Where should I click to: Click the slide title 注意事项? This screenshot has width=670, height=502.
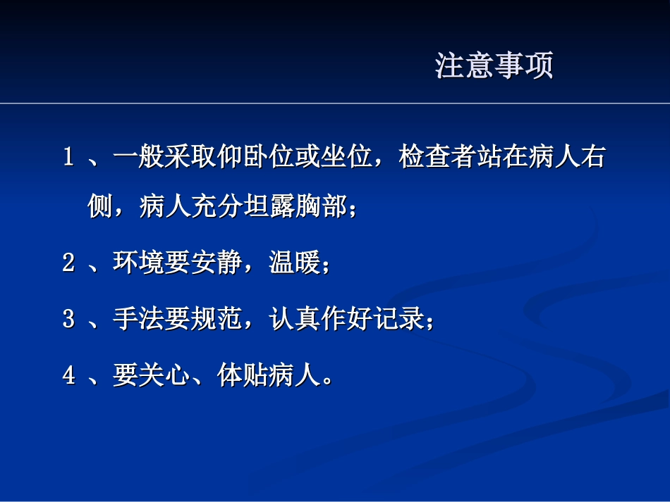point(494,65)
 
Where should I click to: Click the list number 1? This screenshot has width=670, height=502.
point(68,157)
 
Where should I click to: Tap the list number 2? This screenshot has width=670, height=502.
point(68,263)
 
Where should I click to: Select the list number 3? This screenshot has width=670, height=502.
point(68,319)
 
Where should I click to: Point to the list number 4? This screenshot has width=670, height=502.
point(68,375)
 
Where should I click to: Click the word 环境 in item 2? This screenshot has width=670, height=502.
point(138,263)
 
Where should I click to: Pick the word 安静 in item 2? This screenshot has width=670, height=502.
point(217,263)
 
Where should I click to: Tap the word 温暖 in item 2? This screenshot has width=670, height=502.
point(295,263)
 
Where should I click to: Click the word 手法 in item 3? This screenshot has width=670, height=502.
point(138,319)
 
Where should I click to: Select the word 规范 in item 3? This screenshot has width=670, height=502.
point(217,319)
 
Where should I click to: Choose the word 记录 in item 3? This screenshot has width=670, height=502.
point(399,319)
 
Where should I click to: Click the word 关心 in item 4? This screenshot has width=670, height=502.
point(164,375)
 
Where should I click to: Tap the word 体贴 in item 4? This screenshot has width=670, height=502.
point(243,375)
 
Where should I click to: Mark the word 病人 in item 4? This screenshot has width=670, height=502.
point(295,375)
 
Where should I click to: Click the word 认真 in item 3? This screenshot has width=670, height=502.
point(295,319)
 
